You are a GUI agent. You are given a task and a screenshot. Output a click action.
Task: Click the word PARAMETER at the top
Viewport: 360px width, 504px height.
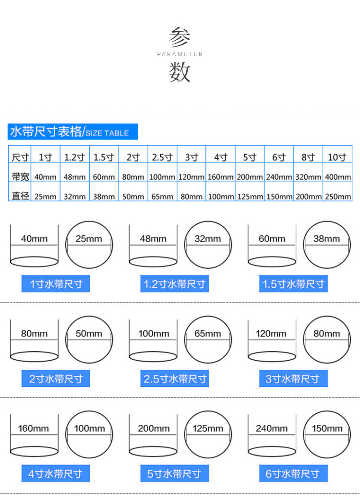[180, 54]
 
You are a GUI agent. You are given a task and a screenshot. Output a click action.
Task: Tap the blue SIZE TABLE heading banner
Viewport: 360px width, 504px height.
[72, 131]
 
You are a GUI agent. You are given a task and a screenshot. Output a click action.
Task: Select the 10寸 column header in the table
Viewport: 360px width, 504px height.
[337, 157]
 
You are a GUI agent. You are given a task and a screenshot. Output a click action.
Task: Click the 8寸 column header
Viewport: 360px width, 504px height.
[308, 157]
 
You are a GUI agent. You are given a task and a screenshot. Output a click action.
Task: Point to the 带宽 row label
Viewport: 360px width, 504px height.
[20, 176]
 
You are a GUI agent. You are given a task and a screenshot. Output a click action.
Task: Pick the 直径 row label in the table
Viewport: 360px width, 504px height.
[20, 196]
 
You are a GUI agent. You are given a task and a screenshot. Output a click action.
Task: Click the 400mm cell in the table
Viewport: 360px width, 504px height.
[337, 177]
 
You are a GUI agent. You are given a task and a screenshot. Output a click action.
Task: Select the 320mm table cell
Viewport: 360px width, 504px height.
[308, 177]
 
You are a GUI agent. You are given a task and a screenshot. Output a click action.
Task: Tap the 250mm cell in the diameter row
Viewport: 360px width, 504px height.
[337, 196]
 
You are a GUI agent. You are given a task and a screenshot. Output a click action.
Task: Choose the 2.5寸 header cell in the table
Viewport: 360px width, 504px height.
[162, 157]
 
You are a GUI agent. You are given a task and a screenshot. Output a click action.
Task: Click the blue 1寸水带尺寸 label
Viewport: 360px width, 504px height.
[56, 284]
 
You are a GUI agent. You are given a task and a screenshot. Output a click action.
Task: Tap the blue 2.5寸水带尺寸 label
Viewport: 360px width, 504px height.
[175, 379]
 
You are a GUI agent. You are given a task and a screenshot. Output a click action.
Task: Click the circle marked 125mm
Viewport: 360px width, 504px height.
[208, 434]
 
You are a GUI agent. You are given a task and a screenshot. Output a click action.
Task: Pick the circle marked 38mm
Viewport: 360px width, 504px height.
[327, 245]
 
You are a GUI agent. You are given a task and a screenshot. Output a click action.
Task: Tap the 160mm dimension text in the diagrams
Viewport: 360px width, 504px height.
[34, 428]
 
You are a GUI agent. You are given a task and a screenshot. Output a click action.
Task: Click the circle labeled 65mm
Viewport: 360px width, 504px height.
[208, 339]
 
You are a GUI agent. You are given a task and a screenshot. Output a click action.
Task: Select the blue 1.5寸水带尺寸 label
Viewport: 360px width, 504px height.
[293, 284]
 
